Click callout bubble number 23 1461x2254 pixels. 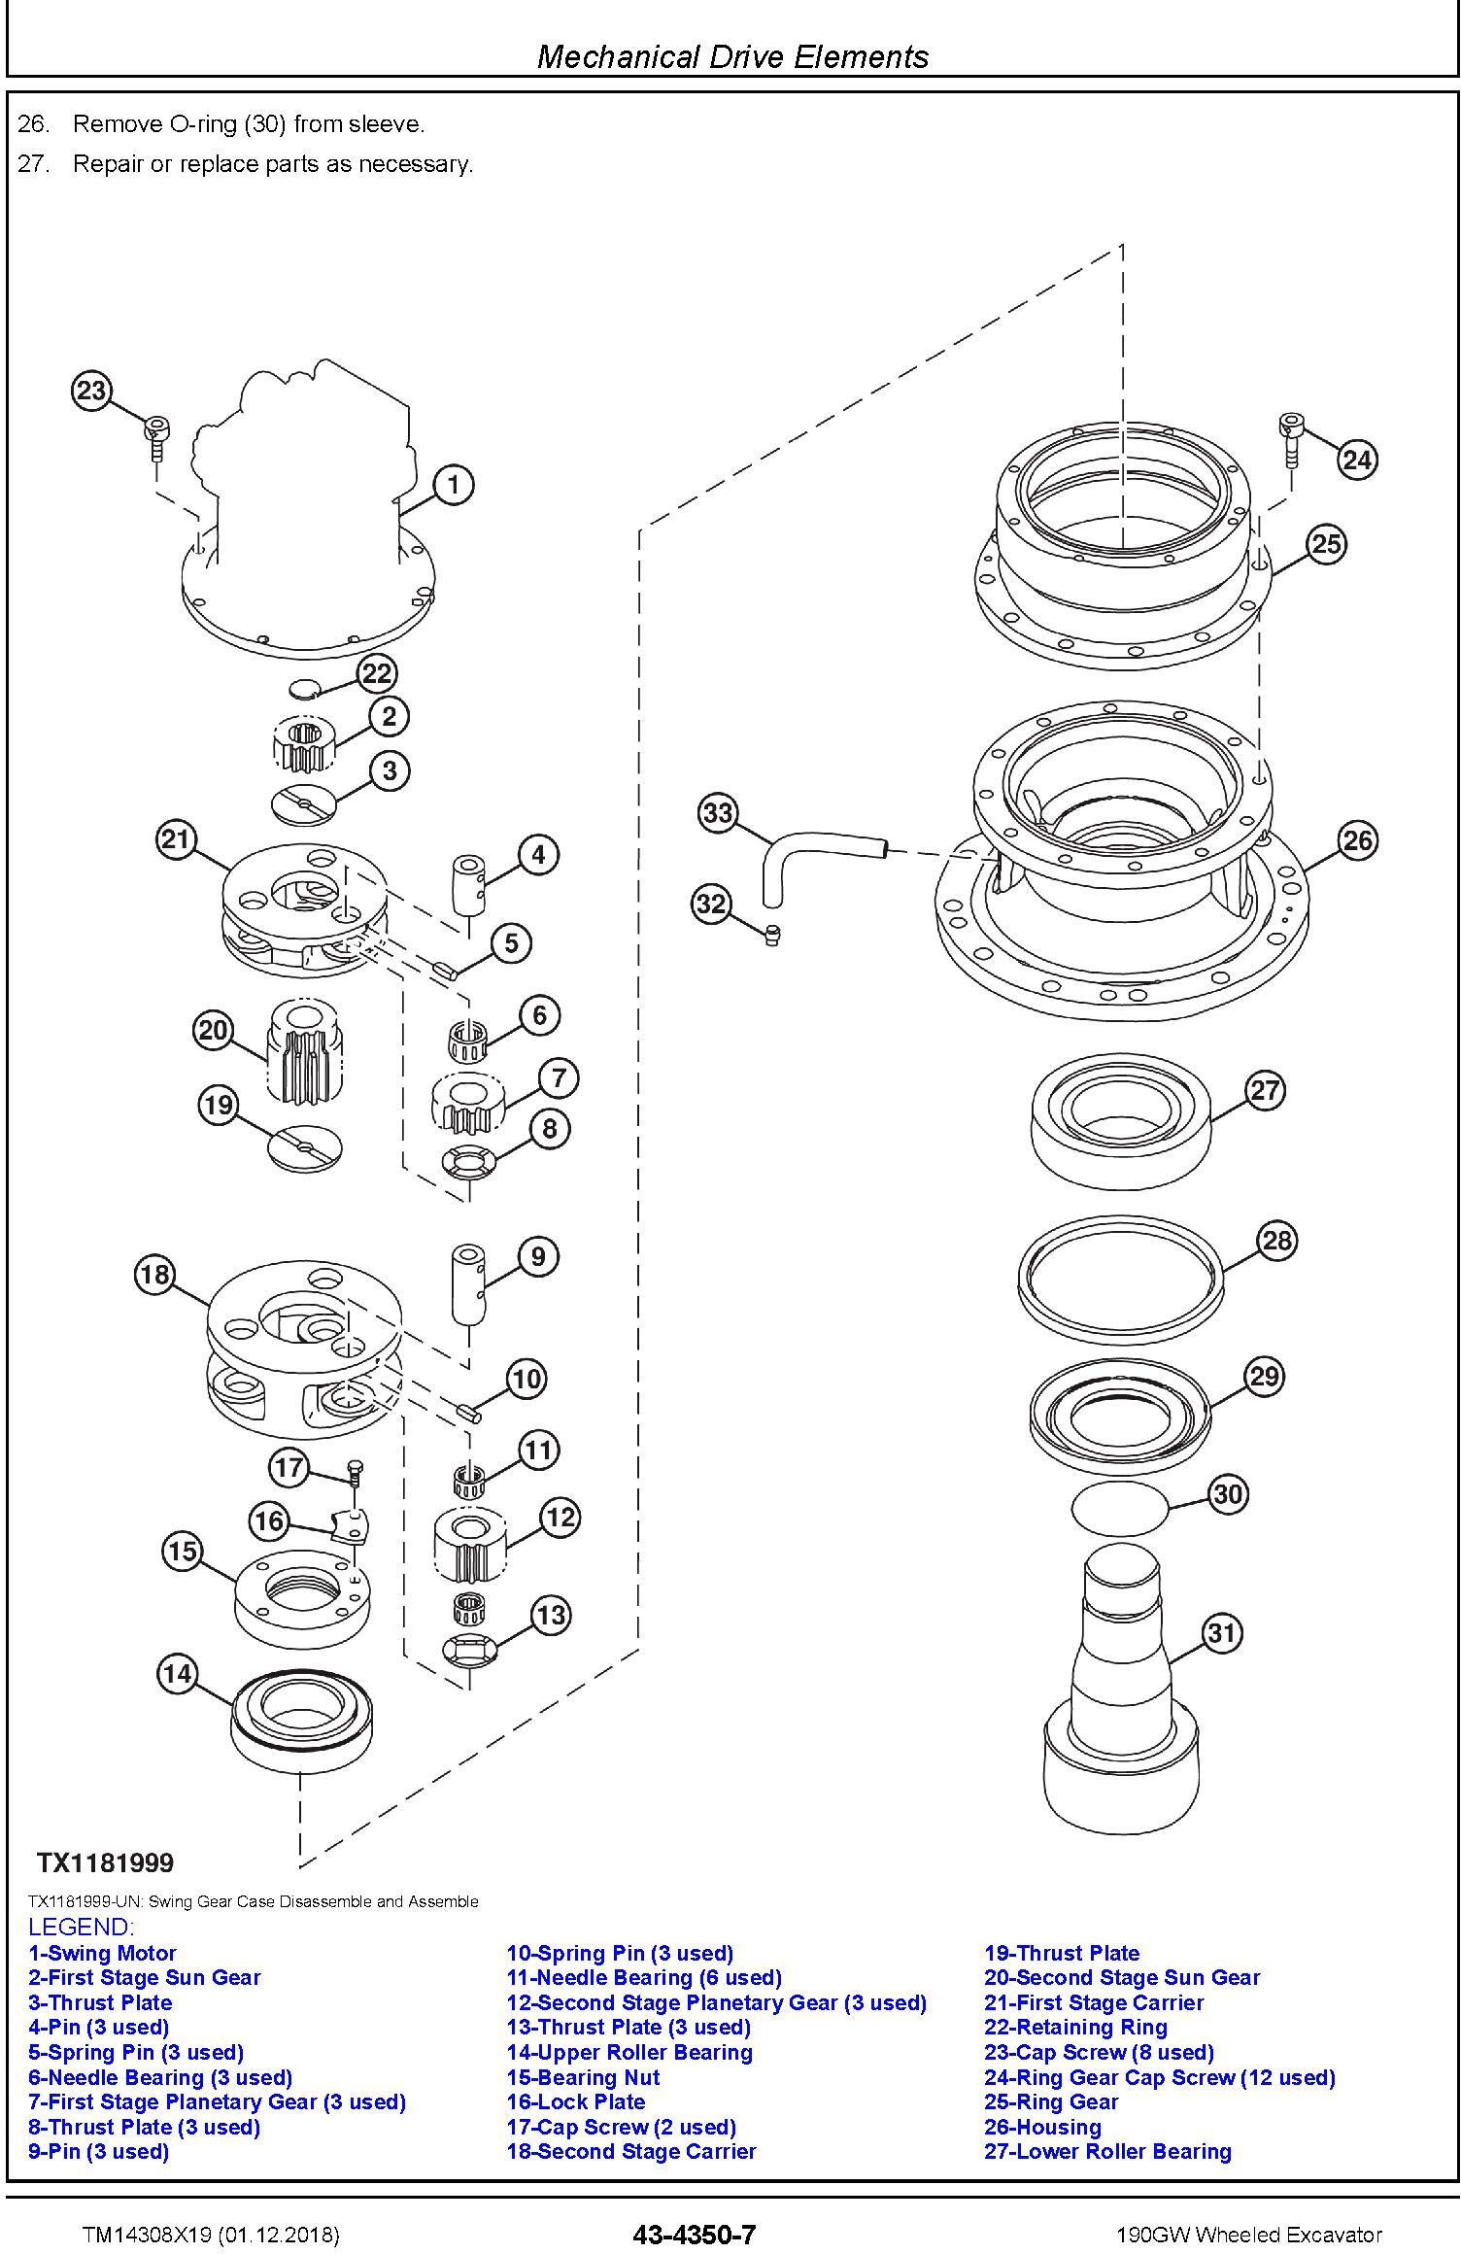point(90,391)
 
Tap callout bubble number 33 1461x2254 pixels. point(717,812)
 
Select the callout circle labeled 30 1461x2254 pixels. point(1228,1493)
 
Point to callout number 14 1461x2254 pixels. point(177,1673)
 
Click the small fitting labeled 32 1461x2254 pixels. point(774,934)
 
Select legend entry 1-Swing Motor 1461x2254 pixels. point(102,1953)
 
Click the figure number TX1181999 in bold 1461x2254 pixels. point(105,1862)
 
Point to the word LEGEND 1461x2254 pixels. point(81,1927)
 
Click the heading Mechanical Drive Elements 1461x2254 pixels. point(732,56)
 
